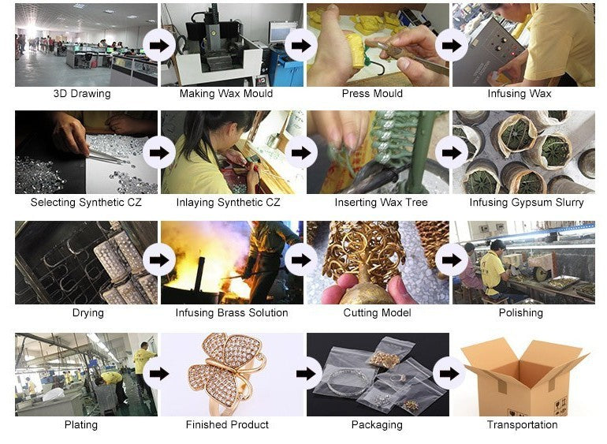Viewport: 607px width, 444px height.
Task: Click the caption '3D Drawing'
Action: tap(82, 94)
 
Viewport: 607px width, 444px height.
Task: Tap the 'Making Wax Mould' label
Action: tap(226, 94)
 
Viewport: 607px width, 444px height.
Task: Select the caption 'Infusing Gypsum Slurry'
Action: tap(527, 202)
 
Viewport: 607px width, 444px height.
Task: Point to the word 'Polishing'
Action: tap(520, 313)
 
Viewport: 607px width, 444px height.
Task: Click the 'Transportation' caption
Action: tap(522, 424)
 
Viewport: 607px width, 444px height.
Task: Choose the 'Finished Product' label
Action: tap(227, 424)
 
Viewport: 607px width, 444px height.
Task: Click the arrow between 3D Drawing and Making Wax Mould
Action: tap(159, 46)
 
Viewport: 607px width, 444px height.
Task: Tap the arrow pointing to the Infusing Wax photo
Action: tap(452, 46)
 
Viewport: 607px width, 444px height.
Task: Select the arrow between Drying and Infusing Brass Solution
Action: tap(159, 260)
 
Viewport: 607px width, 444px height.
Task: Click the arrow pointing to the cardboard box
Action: tap(449, 374)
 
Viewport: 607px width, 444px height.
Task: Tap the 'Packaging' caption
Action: tap(377, 425)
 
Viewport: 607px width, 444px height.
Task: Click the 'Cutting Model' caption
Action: tap(377, 313)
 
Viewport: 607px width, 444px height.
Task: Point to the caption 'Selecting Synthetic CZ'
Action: tap(86, 202)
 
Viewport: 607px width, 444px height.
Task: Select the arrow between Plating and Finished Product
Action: tap(159, 374)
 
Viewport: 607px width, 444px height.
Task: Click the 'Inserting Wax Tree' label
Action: tap(381, 202)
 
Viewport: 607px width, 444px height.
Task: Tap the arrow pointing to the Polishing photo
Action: tap(452, 260)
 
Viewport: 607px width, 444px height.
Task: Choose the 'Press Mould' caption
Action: tap(372, 94)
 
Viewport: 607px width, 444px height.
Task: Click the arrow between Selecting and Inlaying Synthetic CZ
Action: tap(159, 153)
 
